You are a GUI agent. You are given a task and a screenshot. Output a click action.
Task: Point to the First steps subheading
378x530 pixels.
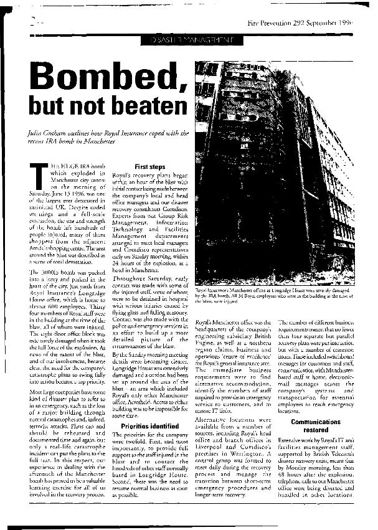[149, 167]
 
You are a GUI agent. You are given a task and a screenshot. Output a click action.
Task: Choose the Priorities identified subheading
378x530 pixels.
[149, 408]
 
